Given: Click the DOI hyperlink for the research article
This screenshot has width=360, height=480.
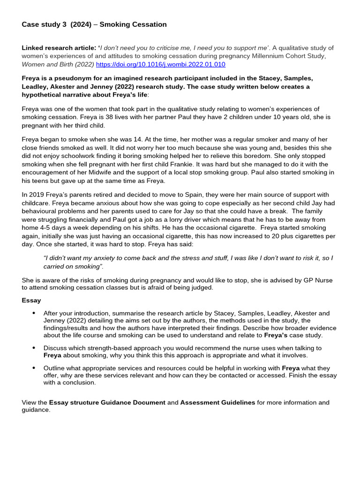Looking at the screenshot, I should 160,64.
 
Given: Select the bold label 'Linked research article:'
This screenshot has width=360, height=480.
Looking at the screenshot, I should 59,48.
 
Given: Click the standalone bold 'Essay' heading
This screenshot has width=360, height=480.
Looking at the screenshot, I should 31,300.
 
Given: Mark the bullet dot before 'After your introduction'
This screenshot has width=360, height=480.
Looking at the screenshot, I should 34,313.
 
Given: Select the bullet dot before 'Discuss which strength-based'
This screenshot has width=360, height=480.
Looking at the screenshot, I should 34,348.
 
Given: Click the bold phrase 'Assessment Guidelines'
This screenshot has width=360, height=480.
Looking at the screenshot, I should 217,402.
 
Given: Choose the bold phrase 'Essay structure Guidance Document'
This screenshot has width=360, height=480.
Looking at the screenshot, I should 107,402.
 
